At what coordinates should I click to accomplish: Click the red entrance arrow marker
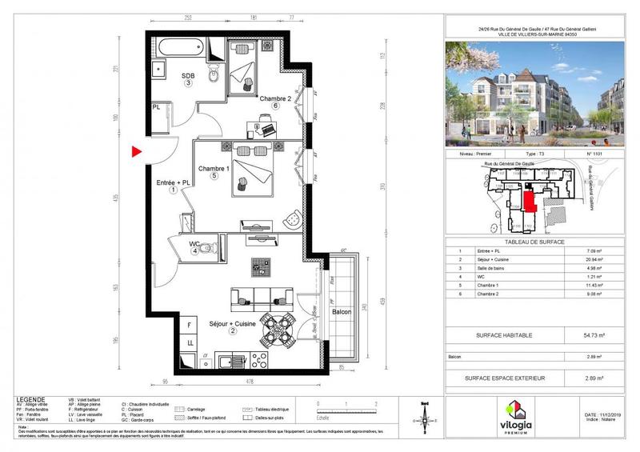[x=137, y=150]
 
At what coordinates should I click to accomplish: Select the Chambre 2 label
[x=274, y=99]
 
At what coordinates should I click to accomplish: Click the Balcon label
[x=343, y=310]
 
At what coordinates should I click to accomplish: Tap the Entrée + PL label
[x=174, y=183]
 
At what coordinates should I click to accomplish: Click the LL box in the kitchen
[x=190, y=342]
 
